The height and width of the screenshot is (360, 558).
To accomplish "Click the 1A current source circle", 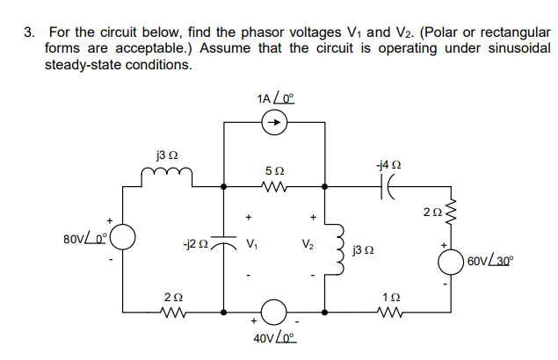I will (x=273, y=124).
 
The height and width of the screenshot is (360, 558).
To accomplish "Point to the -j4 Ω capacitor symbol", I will (x=388, y=186).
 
